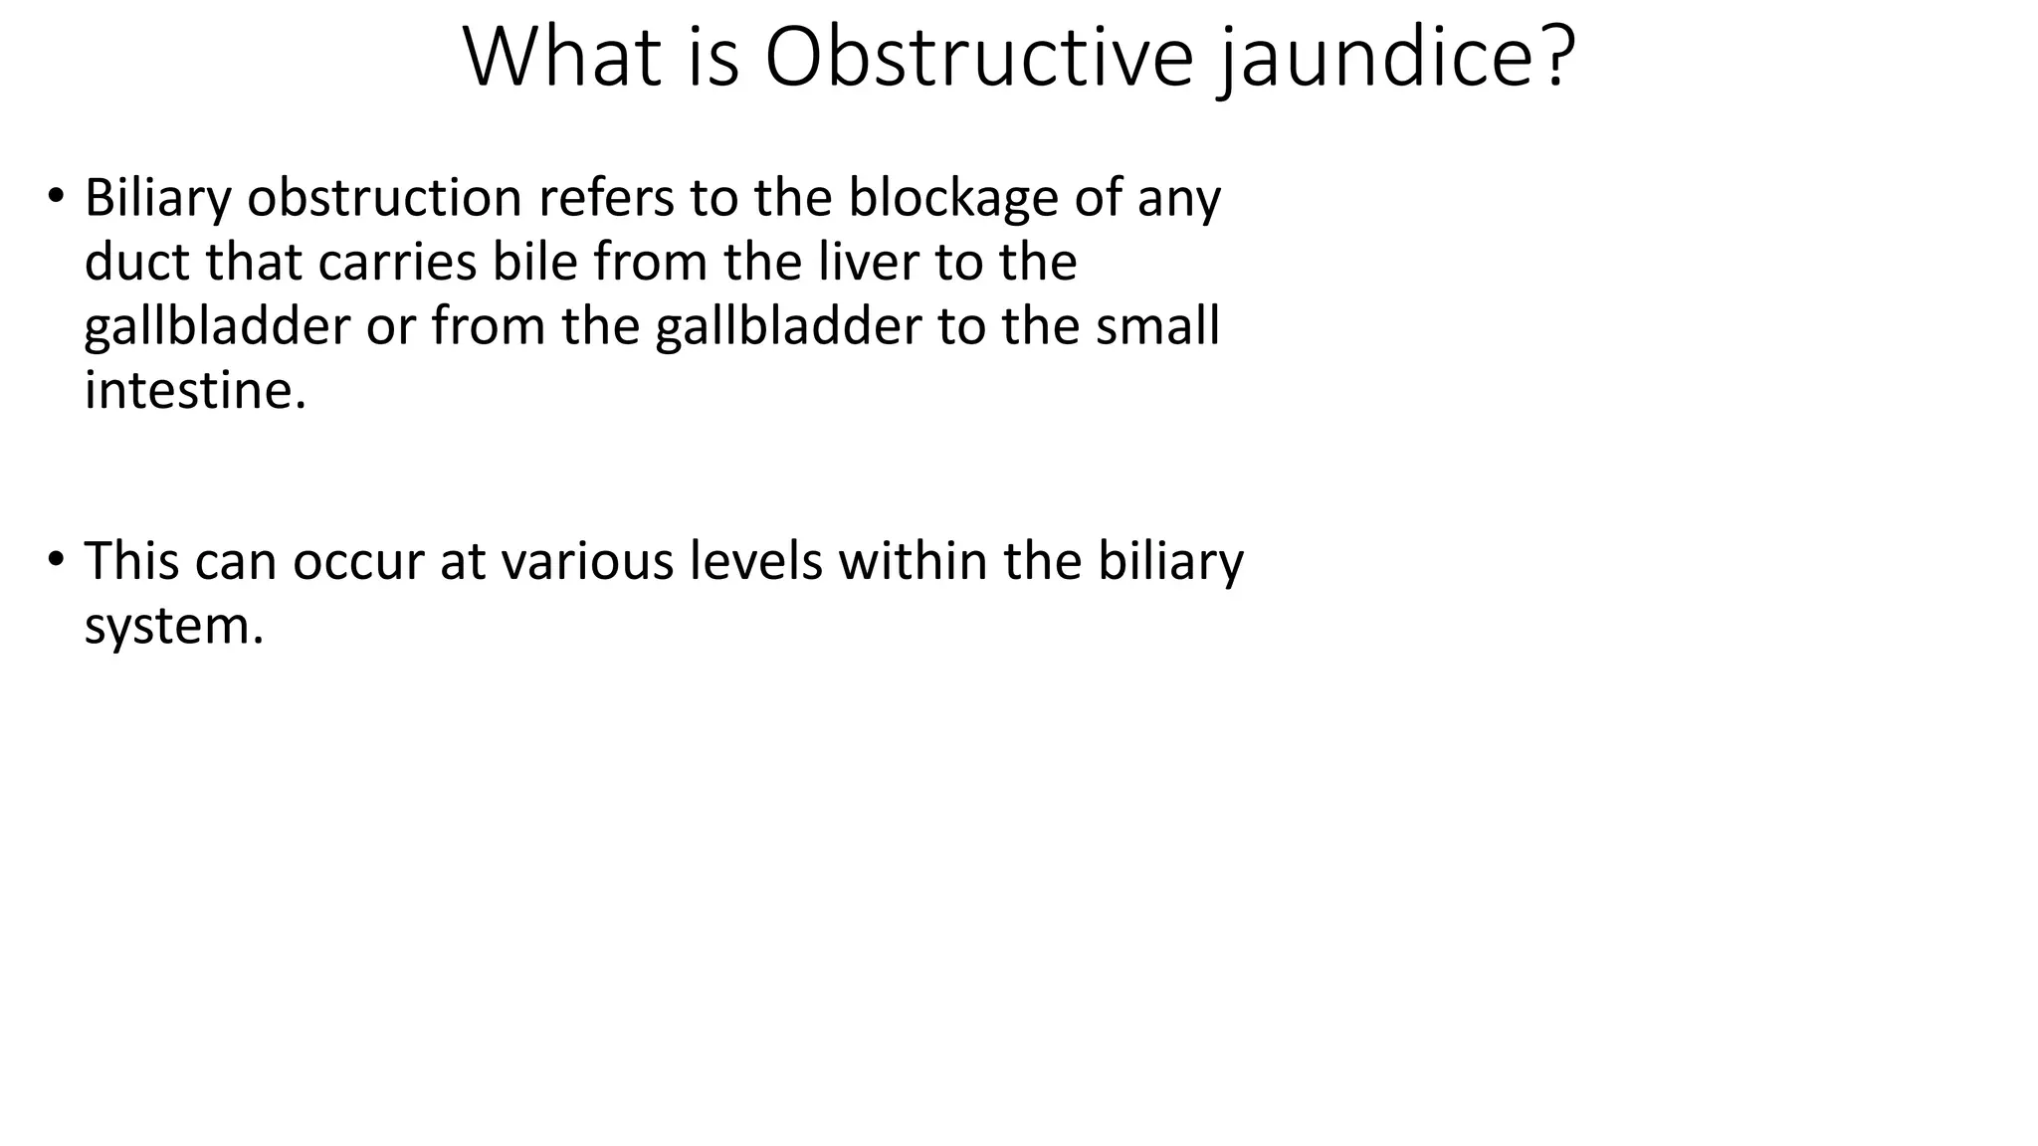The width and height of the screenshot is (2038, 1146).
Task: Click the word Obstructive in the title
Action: [978, 57]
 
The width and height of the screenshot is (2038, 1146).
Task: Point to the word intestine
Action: [195, 390]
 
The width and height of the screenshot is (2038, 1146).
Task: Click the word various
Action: [577, 561]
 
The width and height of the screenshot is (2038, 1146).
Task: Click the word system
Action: [173, 626]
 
